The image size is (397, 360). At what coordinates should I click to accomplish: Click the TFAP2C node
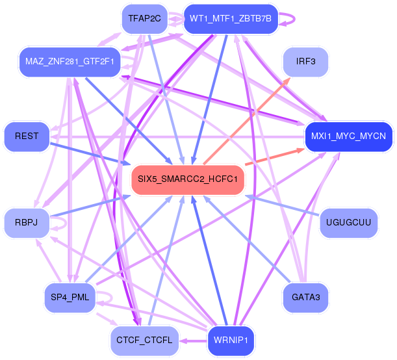145,19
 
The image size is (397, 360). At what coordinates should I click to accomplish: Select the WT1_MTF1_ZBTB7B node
231,19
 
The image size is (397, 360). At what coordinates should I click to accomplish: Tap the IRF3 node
305,62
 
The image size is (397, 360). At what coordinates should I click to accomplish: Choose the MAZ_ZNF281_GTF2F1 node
70,62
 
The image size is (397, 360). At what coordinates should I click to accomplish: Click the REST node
27,136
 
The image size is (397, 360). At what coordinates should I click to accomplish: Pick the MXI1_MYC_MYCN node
348,136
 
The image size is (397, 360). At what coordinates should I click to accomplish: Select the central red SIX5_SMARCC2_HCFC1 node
188,179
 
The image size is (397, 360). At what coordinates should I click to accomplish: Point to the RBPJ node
27,222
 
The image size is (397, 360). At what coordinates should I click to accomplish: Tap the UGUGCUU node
348,222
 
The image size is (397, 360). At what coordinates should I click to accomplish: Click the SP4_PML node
70,297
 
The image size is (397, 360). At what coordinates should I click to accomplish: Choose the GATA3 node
305,297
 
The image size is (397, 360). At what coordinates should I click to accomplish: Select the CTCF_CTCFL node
145,341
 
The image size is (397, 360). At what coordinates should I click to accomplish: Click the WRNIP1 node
231,341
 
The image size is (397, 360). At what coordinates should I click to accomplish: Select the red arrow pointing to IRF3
247,121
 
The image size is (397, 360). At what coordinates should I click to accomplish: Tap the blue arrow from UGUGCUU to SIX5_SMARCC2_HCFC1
282,205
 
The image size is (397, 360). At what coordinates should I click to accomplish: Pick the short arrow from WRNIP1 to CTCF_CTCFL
193,341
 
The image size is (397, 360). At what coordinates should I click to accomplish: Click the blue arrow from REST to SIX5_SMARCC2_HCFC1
90,154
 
